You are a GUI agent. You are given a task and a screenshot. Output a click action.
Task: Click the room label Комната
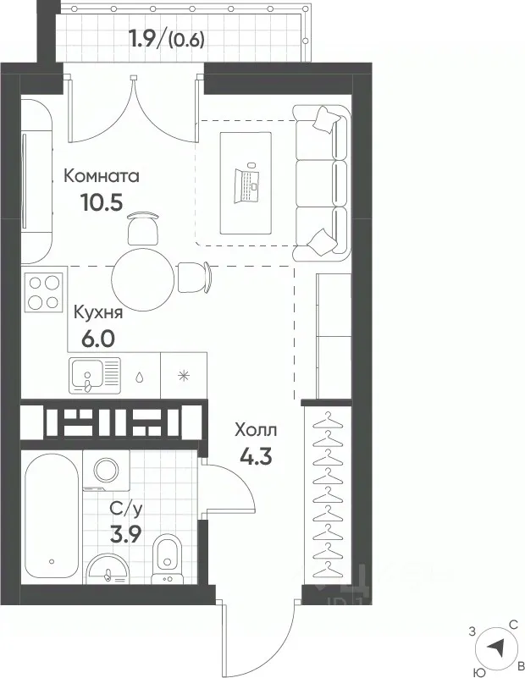(102, 176)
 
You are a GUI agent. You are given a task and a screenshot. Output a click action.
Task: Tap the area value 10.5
(102, 201)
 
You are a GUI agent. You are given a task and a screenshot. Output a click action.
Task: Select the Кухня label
(98, 312)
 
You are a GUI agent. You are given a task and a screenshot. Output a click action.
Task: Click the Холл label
(256, 431)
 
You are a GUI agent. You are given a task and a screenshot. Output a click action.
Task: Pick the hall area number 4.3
(256, 455)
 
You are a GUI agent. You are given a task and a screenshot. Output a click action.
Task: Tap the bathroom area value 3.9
(125, 536)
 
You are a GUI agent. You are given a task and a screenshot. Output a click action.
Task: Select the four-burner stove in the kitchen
(44, 292)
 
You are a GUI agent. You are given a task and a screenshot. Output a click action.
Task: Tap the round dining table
(143, 280)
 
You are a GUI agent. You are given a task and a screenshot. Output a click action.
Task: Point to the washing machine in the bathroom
(107, 471)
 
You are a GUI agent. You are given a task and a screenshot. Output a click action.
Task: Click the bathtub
(52, 518)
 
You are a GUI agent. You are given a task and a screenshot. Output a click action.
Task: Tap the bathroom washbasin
(108, 569)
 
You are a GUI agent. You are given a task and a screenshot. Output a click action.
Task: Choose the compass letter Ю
(479, 672)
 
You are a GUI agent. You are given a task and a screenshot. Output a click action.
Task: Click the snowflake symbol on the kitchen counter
(184, 375)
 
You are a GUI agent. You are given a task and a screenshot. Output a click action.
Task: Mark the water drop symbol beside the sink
(140, 377)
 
